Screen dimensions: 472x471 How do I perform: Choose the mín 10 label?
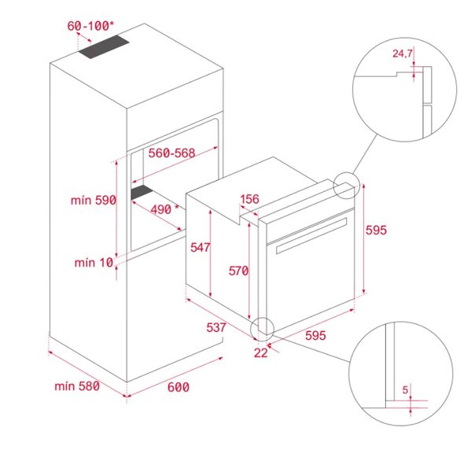[94, 263]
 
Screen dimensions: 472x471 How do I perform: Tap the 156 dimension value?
[249, 199]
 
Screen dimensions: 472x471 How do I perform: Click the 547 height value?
[200, 247]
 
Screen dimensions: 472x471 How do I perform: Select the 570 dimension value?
[238, 271]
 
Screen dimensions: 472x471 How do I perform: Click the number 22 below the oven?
[261, 352]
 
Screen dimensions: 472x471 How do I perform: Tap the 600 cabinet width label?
[178, 386]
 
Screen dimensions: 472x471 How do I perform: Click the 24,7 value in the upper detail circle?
[403, 54]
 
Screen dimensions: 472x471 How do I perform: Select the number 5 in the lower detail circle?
[405, 389]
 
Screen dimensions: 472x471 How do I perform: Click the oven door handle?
[311, 236]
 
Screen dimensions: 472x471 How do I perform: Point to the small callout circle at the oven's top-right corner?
[345, 185]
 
